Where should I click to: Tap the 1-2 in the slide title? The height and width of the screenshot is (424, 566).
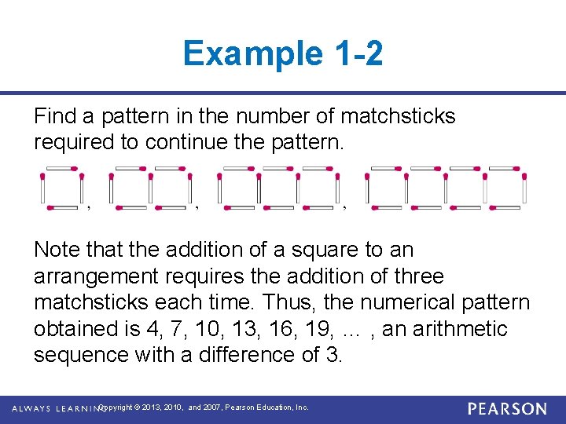(358, 53)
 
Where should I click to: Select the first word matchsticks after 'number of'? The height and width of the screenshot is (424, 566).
(398, 117)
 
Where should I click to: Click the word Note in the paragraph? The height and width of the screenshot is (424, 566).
(56, 250)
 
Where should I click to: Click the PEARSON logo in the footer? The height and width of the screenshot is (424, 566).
(506, 409)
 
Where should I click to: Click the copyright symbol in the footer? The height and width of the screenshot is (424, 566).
(138, 408)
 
